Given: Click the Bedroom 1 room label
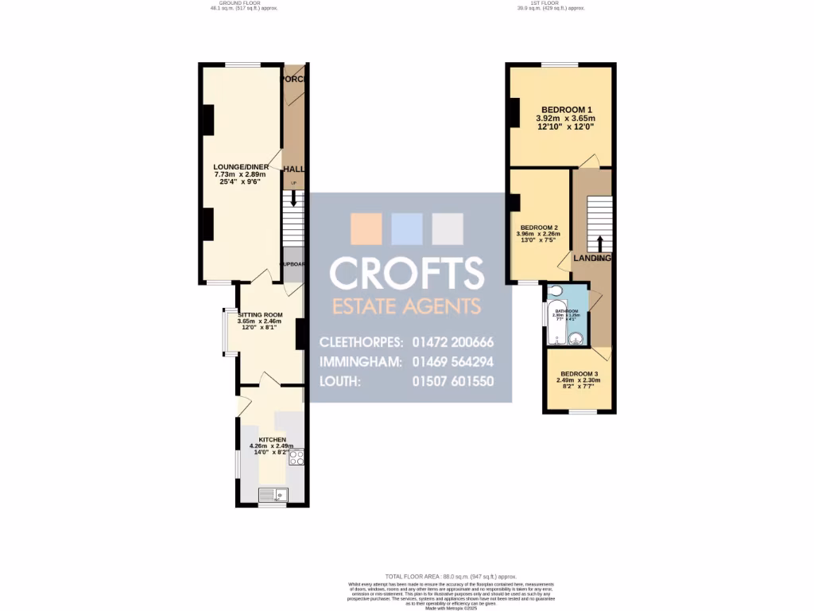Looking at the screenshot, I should pos(567,109).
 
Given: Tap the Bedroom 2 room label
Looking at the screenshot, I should pos(538,227).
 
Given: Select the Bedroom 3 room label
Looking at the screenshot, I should pos(579,374).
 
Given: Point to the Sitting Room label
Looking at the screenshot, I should pos(261,314).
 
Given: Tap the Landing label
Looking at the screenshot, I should pos(592,258).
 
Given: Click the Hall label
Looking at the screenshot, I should pos(294,169).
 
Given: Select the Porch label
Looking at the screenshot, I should pos(294,80).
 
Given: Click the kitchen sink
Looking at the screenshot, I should pos(272,496).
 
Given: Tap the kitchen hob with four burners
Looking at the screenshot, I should pos(297,457).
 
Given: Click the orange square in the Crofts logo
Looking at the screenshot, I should pos(366,228).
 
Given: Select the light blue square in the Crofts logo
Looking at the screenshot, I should pos(407,228).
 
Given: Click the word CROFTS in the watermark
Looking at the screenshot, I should pos(407,273).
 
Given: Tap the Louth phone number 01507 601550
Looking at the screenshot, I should pos(453,381).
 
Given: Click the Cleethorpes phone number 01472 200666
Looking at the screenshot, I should pos(453,342).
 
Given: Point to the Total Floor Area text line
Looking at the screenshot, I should pos(451,576).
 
